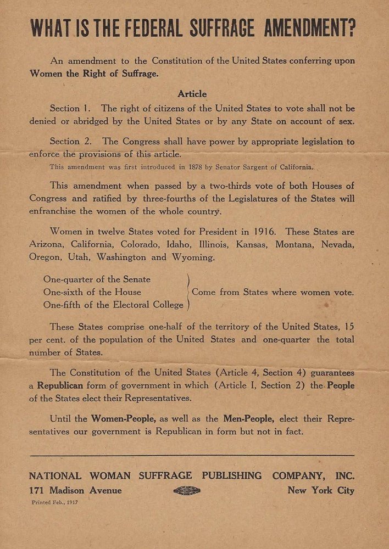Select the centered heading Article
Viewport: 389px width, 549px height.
pyautogui.click(x=192, y=94)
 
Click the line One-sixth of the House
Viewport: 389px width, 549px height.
pyautogui.click(x=92, y=292)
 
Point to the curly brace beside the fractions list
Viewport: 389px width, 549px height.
pyautogui.click(x=189, y=292)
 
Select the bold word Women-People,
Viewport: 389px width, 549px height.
pyautogui.click(x=124, y=418)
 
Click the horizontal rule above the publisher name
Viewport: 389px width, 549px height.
pyautogui.click(x=192, y=455)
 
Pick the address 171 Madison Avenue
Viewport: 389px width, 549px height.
pyautogui.click(x=75, y=490)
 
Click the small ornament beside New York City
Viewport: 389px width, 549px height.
pyautogui.click(x=187, y=491)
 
